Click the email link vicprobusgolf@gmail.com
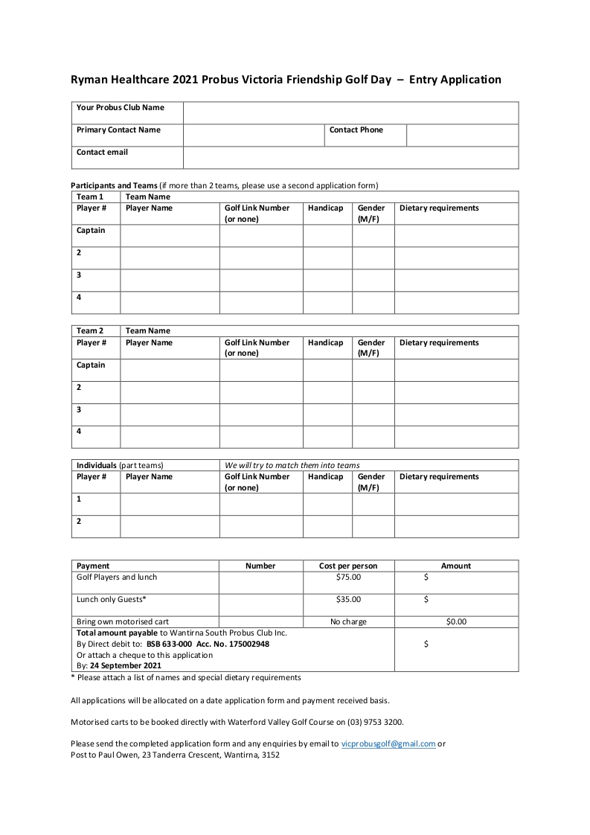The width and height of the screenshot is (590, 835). coord(388,743)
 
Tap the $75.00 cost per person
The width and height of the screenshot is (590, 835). coord(348,577)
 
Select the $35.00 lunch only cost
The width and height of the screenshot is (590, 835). coord(348,599)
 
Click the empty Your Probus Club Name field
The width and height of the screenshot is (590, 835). coord(350,113)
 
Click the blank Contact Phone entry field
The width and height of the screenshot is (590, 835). coord(462,135)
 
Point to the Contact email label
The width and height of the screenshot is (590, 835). coord(102,153)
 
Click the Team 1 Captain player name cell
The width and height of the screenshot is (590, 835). coord(170,236)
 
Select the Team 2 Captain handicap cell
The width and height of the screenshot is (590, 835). coord(327,371)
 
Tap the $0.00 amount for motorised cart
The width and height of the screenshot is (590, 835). coord(456,621)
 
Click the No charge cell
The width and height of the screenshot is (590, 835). coord(348,621)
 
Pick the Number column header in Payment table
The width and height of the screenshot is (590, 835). coord(260,566)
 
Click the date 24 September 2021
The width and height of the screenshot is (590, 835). coord(126,666)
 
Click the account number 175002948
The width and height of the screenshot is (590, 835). coord(244,644)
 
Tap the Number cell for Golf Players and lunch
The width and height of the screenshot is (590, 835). coord(260,582)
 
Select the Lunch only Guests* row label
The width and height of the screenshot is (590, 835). coord(112,599)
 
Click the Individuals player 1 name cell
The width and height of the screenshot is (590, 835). coord(170,505)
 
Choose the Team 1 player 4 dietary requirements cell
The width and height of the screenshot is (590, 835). coord(456,303)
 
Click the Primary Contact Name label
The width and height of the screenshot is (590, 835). coord(118,130)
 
